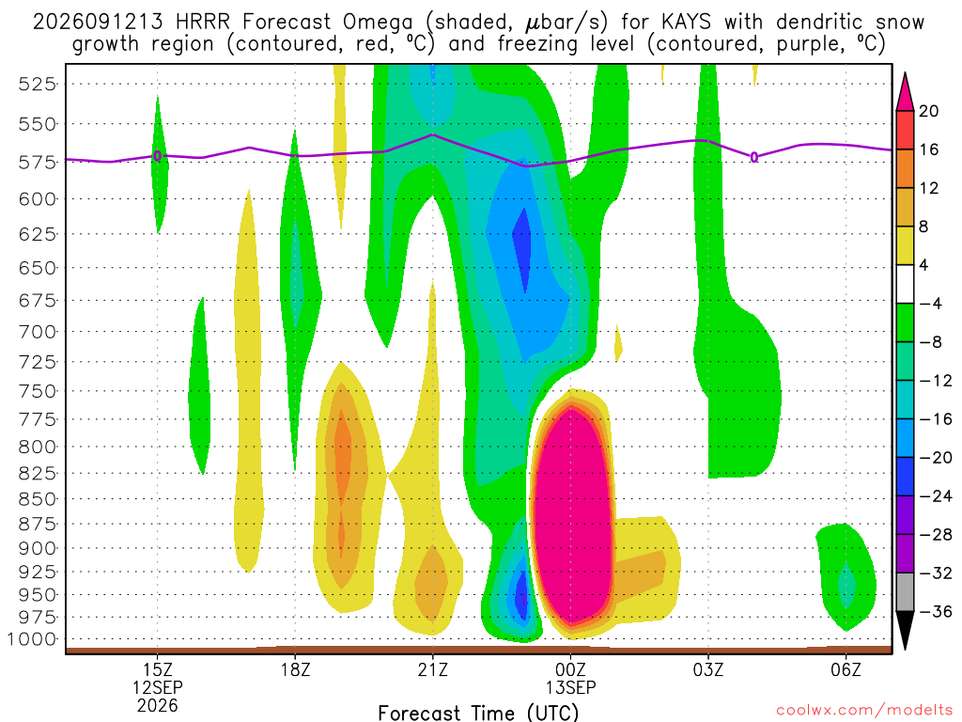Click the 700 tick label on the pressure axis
coord(38,332)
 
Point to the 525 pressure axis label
coord(38,84)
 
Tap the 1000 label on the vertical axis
coord(32,639)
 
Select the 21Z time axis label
coord(433,669)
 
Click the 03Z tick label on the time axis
coord(708,669)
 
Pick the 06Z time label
coord(846,669)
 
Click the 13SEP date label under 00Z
coord(571,687)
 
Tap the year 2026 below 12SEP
coord(158,705)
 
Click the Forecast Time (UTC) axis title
coord(478,713)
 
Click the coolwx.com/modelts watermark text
coord(864,711)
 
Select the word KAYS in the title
coord(687,23)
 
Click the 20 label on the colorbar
coord(929,111)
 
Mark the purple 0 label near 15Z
coord(158,156)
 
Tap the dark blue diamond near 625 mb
coord(522,248)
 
